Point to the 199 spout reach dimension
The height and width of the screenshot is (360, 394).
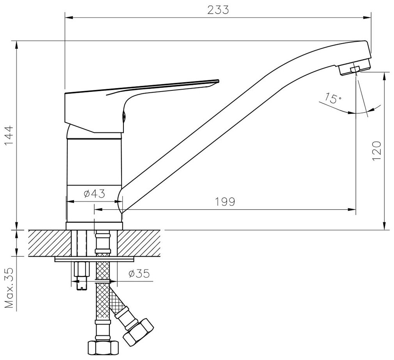(225, 202)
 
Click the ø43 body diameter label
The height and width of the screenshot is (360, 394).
(94, 194)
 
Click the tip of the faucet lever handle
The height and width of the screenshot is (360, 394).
(216, 81)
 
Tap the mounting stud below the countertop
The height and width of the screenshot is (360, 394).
(81, 277)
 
